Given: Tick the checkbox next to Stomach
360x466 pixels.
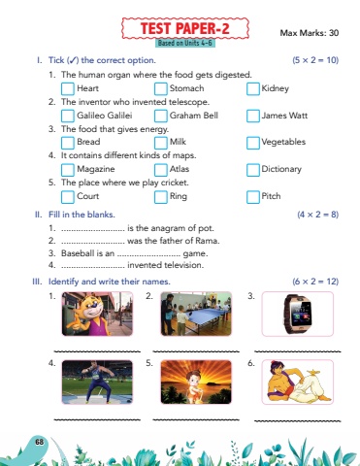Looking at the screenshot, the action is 160,89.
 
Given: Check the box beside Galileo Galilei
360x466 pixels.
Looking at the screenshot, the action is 68,116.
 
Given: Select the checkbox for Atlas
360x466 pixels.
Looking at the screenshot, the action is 160,170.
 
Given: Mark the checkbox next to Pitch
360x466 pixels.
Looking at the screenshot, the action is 253,197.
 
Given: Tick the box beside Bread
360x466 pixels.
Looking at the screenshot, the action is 68,143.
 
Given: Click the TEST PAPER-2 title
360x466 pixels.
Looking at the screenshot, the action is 185,28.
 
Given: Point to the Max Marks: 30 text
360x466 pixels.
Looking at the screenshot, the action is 310,33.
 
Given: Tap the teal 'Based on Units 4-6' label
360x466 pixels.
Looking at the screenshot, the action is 185,43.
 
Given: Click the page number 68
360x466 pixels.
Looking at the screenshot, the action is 40,442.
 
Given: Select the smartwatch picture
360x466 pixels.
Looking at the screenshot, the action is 298,314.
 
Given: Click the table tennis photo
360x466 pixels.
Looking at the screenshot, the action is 196,314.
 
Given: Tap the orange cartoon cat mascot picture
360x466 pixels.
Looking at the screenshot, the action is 97,314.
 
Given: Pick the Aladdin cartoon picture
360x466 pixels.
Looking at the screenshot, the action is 298,383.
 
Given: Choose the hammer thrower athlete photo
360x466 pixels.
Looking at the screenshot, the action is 97,383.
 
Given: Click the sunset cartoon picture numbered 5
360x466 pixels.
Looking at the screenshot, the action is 196,383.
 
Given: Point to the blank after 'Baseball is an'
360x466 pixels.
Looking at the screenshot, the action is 148,255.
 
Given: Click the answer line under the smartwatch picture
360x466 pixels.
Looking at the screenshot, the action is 298,351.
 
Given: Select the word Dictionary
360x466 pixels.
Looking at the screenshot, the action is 281,169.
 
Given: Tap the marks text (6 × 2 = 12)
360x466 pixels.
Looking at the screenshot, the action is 315,282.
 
